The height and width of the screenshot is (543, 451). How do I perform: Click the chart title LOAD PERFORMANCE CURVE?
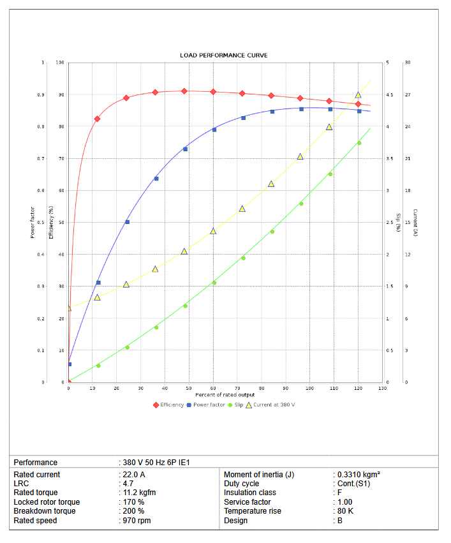[x=223, y=56]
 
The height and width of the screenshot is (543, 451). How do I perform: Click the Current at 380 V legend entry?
[x=270, y=405]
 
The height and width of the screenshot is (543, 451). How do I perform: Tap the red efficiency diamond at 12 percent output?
[x=97, y=119]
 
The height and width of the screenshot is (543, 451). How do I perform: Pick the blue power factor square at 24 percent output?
[x=127, y=222]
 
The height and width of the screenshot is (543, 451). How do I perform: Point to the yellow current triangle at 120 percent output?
[x=358, y=95]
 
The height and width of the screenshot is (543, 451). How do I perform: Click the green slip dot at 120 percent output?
[x=359, y=143]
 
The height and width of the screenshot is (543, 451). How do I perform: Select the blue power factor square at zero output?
[x=70, y=364]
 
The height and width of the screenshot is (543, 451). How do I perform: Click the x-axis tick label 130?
[x=383, y=388]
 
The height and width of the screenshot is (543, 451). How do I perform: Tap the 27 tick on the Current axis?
[x=407, y=94]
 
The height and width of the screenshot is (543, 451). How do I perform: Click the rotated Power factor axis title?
[x=33, y=222]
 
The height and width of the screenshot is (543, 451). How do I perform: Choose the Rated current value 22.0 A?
[x=134, y=475]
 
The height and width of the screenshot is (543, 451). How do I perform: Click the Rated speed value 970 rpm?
[x=137, y=521]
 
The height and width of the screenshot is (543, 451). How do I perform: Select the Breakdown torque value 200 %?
[x=133, y=511]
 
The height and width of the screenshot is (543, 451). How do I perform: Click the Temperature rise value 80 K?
[x=344, y=511]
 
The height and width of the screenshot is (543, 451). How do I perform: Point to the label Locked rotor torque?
[x=47, y=502]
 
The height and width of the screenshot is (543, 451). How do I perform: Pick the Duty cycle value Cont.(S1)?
[x=353, y=484]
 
